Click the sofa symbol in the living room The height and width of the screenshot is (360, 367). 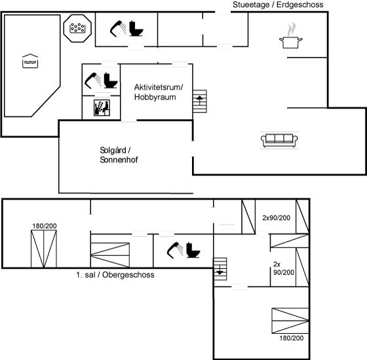(x=279, y=140)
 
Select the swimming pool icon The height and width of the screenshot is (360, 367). (x=30, y=61)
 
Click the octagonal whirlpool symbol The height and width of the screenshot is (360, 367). (x=77, y=28)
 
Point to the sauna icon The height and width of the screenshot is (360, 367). (x=102, y=108)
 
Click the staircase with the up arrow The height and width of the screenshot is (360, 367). (x=200, y=101)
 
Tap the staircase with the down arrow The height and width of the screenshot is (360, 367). (x=220, y=269)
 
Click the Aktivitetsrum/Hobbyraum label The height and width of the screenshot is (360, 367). (x=159, y=92)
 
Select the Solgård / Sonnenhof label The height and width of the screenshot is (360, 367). (x=119, y=154)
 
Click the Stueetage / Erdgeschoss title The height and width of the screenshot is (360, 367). (x=278, y=5)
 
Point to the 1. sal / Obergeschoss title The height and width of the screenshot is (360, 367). (x=115, y=275)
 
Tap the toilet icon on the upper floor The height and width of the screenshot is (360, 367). (x=193, y=250)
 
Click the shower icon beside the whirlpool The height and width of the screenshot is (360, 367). (x=119, y=29)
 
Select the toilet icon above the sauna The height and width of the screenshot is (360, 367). (x=111, y=81)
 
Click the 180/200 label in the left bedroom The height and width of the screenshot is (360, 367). (x=45, y=226)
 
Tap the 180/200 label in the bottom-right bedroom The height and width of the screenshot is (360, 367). (x=292, y=338)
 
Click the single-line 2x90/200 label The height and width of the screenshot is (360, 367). (x=276, y=218)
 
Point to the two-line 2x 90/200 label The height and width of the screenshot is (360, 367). (x=284, y=268)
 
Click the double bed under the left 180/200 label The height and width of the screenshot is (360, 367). (x=44, y=249)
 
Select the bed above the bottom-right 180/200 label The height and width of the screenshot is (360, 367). (x=290, y=321)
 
